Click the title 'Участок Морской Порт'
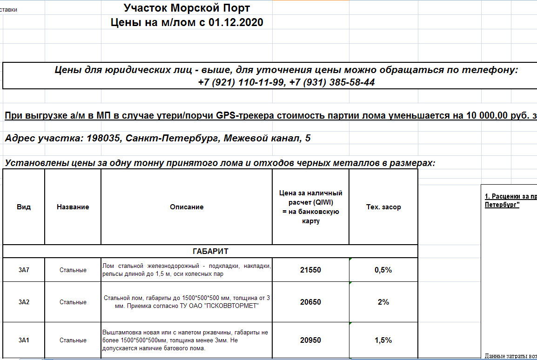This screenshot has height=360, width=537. point(187,8)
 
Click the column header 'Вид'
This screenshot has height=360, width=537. point(24,207)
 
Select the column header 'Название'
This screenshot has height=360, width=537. point(73,207)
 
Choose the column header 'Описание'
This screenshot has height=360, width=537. point(187,207)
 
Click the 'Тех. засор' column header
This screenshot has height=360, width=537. point(383,207)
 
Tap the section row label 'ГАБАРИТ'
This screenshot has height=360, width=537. point(210,251)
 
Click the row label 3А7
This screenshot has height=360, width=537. point(24,270)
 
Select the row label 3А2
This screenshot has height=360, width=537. point(24,302)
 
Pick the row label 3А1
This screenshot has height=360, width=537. point(24,340)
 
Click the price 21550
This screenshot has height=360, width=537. point(310,270)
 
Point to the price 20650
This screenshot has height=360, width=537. point(310,302)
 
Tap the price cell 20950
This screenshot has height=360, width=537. point(310,340)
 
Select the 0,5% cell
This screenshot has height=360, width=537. point(383,270)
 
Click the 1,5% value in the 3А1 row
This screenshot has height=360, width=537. point(383,340)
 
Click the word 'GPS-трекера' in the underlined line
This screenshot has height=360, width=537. point(246,116)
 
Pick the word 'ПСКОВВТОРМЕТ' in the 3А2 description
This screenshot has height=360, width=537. point(236,306)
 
